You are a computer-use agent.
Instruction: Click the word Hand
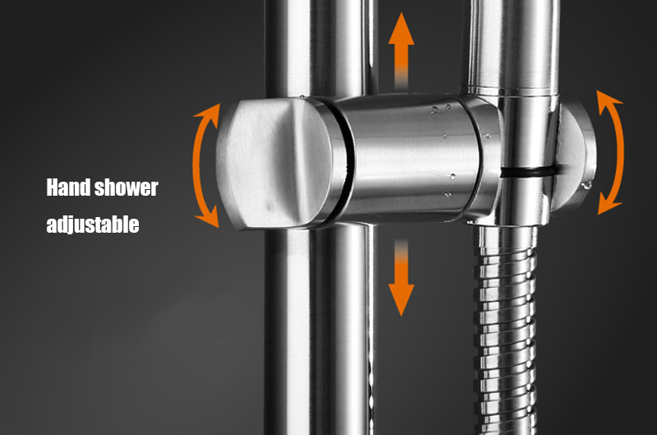click(x=68, y=187)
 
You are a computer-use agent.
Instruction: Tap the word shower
click(x=126, y=187)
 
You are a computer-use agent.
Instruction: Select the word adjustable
click(x=93, y=224)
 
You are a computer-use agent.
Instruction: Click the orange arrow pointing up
click(x=401, y=50)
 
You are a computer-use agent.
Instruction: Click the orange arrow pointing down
click(x=401, y=278)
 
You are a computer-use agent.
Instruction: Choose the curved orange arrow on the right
click(x=619, y=152)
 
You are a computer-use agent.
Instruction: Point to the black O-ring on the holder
click(x=529, y=171)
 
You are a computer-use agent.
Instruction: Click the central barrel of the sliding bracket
click(x=408, y=157)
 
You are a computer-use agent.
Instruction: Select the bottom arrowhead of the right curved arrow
click(x=609, y=203)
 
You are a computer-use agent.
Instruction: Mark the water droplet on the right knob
click(x=586, y=184)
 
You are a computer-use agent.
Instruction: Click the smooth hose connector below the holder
click(x=506, y=234)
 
